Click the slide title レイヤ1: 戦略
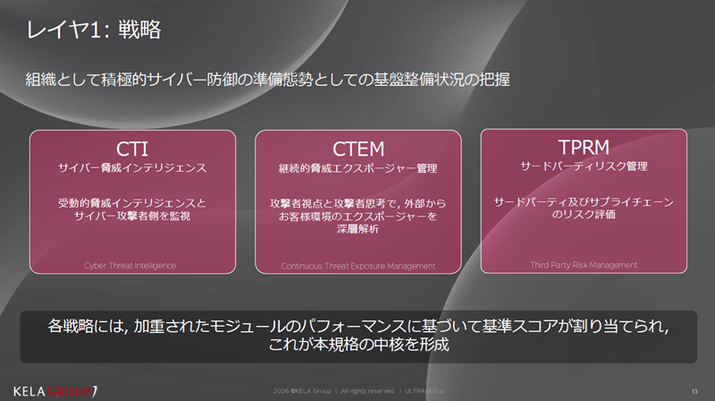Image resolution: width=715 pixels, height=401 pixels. [x=94, y=30]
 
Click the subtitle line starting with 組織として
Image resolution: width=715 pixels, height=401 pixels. [x=268, y=79]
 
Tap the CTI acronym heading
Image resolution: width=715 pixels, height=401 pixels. [x=132, y=148]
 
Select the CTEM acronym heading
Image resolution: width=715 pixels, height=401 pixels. [x=357, y=148]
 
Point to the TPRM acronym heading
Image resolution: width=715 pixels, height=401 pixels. [x=584, y=146]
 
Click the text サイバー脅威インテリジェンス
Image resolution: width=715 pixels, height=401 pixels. [x=132, y=167]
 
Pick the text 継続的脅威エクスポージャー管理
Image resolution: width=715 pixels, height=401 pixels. [x=357, y=167]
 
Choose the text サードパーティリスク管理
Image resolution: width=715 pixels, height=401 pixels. [x=584, y=166]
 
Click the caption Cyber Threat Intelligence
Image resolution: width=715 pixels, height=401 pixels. [x=132, y=265]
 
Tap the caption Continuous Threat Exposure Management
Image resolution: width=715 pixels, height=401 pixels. [x=357, y=265]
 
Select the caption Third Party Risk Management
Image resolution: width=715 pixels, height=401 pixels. [x=584, y=264]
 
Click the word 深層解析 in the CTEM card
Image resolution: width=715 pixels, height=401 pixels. [x=357, y=229]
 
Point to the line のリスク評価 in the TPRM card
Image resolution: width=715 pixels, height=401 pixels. [x=584, y=216]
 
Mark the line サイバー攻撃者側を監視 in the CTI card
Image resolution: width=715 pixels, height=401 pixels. [x=132, y=217]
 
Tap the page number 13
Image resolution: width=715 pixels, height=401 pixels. [x=694, y=390]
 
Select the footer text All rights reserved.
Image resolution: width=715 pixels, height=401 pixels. [x=366, y=390]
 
